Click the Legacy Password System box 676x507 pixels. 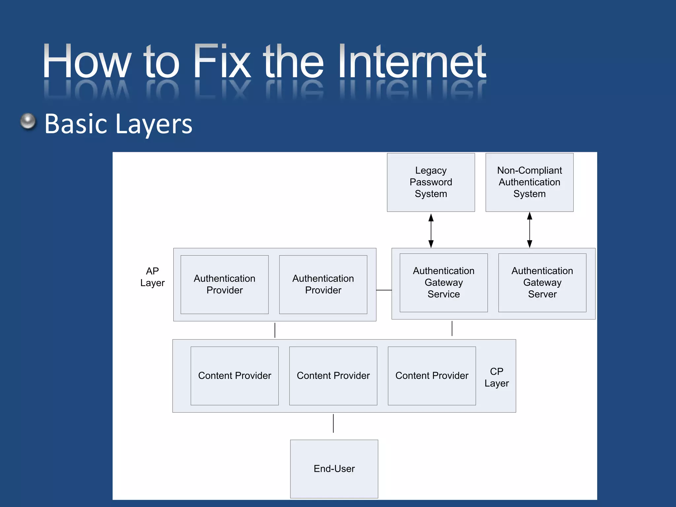click(x=431, y=182)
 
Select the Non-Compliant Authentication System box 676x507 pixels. click(x=529, y=182)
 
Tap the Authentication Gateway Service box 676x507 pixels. click(x=444, y=283)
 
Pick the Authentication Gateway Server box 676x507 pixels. click(x=542, y=283)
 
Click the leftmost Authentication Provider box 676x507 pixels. click(x=224, y=284)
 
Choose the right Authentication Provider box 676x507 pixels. click(x=323, y=284)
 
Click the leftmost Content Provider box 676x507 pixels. click(x=234, y=376)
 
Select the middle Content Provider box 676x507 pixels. click(x=333, y=376)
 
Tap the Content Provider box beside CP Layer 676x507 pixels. click(x=432, y=376)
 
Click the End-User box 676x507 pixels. click(x=334, y=469)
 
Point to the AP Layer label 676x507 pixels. click(x=152, y=277)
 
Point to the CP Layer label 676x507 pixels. click(x=496, y=377)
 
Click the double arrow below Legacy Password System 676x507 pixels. click(x=431, y=230)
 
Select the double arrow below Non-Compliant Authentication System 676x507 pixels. click(x=529, y=230)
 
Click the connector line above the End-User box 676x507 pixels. click(x=333, y=423)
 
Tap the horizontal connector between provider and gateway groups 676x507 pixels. click(x=384, y=290)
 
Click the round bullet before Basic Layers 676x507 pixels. click(x=28, y=121)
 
